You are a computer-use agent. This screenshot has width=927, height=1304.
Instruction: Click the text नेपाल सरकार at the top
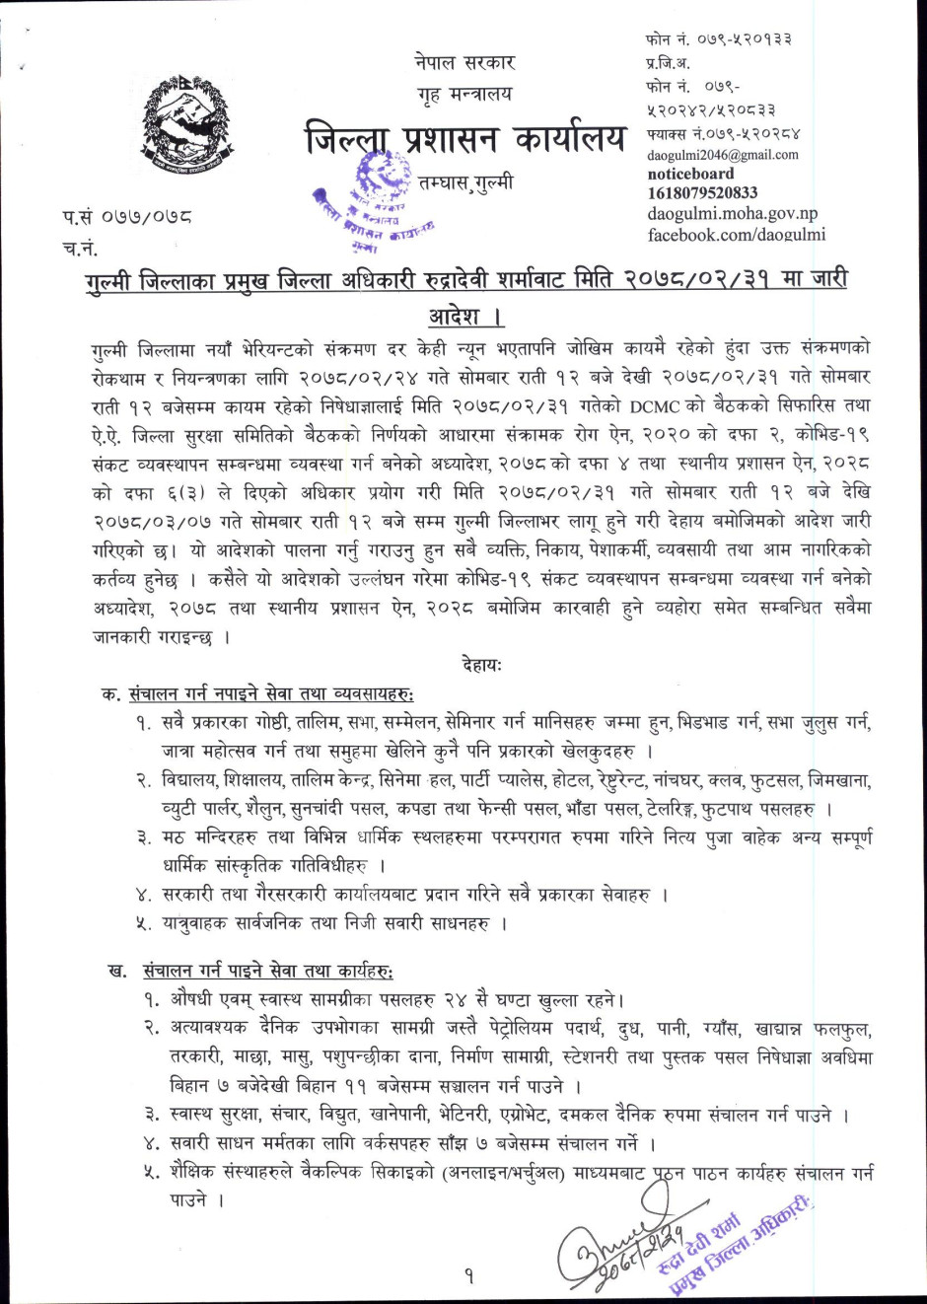[x=464, y=62]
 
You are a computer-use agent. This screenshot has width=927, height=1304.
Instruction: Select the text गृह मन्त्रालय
[x=464, y=94]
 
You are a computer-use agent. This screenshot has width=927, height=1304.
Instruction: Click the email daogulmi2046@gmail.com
[x=723, y=155]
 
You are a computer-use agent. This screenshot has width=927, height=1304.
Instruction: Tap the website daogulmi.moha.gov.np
[x=733, y=213]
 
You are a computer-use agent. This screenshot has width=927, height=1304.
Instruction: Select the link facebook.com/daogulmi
[x=736, y=235]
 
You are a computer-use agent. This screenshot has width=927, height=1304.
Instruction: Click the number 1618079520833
[x=702, y=193]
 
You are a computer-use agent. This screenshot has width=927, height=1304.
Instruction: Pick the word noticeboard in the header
[x=690, y=174]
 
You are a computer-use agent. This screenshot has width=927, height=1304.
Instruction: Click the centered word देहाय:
[x=481, y=665]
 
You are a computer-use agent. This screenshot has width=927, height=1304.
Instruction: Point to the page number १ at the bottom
[x=469, y=1276]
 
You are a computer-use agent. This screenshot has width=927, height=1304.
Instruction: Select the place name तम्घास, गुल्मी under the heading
[x=464, y=183]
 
